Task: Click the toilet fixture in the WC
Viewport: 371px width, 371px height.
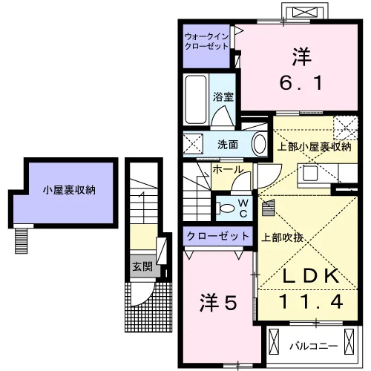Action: (x=225, y=208)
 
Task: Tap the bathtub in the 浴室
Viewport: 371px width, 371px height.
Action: (x=196, y=99)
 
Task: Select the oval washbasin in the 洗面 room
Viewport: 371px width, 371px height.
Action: (x=259, y=144)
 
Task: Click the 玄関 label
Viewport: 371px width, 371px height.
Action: (x=142, y=267)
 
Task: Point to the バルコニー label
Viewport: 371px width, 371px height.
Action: (x=314, y=347)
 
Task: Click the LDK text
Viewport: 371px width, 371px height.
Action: (x=311, y=276)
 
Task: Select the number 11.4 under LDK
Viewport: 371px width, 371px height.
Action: (x=311, y=301)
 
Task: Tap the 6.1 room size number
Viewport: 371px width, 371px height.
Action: (x=301, y=83)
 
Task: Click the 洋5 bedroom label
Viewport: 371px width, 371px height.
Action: (x=218, y=302)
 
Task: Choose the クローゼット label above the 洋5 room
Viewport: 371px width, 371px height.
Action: (x=217, y=236)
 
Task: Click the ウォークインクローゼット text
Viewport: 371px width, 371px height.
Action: (x=206, y=42)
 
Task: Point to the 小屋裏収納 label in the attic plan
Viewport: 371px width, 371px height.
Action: (x=69, y=190)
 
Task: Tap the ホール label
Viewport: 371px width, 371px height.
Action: (x=228, y=170)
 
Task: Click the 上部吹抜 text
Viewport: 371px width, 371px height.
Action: (x=282, y=237)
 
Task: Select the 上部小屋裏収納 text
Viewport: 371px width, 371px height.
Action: (x=314, y=147)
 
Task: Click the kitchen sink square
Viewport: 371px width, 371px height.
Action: (x=311, y=173)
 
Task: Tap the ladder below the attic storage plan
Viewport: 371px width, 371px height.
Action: (x=21, y=240)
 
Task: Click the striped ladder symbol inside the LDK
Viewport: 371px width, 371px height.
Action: (x=269, y=208)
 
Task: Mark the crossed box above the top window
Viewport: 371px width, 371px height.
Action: (x=305, y=12)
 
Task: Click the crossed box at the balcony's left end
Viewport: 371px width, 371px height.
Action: (x=274, y=341)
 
